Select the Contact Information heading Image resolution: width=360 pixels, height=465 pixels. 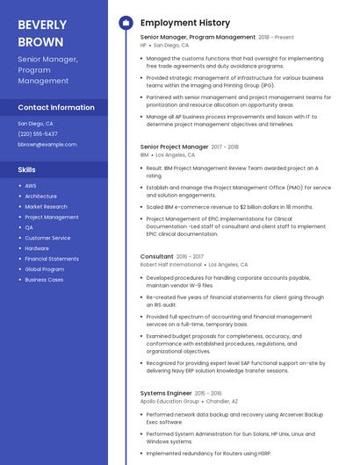(56, 107)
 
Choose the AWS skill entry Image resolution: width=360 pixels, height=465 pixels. (31, 186)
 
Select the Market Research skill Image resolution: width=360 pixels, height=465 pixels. (47, 207)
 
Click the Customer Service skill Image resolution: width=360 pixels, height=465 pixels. (47, 238)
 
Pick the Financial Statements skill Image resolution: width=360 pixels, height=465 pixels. (52, 259)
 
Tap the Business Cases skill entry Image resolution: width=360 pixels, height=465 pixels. (44, 280)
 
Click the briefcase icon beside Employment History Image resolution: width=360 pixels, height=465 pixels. (126, 23)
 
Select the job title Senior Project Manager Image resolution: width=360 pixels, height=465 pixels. (175, 147)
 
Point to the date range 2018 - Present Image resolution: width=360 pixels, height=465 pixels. (277, 38)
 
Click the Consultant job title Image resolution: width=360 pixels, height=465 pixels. (157, 256)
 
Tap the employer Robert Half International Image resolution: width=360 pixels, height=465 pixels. (171, 264)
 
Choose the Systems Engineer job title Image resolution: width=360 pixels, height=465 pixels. (166, 393)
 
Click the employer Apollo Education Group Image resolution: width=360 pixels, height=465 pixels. (169, 401)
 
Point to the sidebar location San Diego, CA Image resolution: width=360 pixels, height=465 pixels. (35, 124)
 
